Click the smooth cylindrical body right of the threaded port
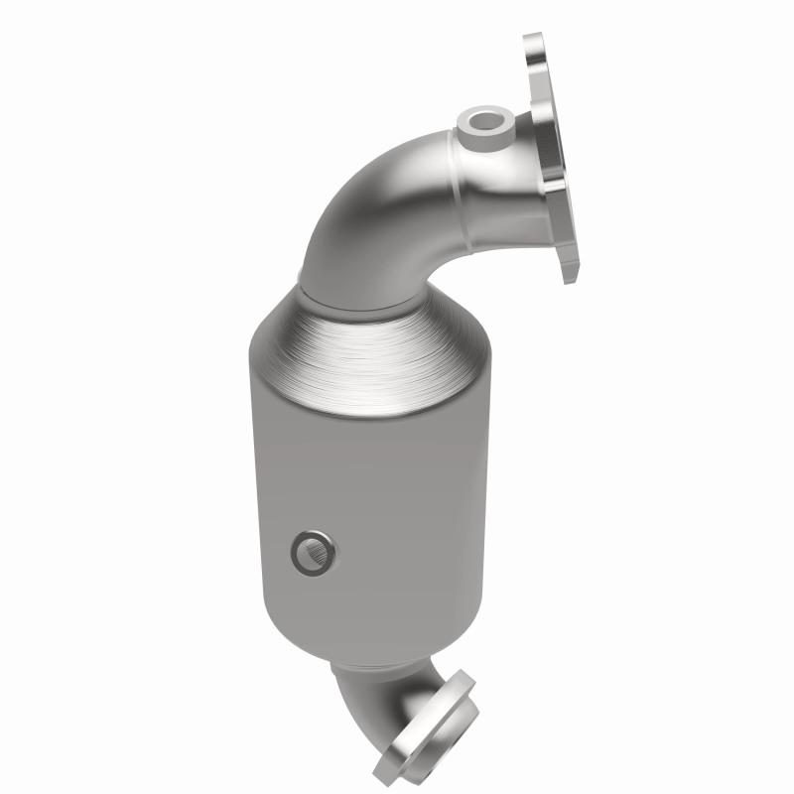pyautogui.click(x=417, y=546)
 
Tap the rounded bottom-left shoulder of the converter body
pyautogui.click(x=273, y=635)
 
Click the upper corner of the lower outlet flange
pyautogui.click(x=461, y=681)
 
